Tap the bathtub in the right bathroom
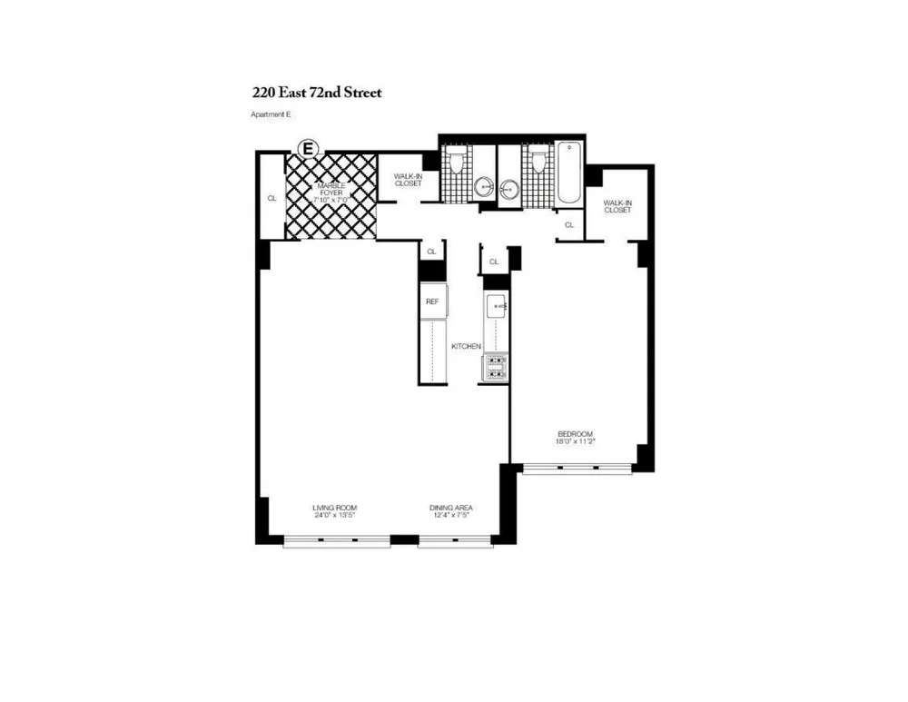(567, 173)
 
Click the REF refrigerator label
(432, 302)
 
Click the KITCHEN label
(466, 346)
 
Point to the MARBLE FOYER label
(331, 188)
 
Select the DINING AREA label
(451, 507)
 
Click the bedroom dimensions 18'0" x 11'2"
(576, 442)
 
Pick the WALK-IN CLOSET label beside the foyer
(409, 180)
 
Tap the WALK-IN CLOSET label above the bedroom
(617, 206)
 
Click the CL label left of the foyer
(271, 197)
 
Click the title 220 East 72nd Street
(317, 92)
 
